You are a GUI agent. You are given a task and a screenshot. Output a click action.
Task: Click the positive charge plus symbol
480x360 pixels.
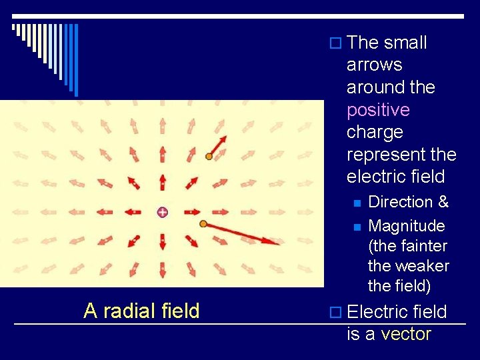point(162,212)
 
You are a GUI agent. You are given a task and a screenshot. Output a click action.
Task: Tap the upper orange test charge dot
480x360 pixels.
point(209,157)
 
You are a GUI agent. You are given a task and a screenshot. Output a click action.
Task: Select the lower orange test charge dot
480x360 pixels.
point(203,224)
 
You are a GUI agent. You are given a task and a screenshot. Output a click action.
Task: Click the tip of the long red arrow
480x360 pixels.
point(278,243)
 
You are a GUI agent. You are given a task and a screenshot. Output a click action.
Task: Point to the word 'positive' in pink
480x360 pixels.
point(378,110)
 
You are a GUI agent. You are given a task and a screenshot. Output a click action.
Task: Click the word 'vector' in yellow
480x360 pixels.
point(406,334)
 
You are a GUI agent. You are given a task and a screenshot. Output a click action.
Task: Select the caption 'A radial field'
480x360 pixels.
point(141,311)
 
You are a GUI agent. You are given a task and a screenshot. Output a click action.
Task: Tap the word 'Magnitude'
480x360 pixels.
point(406,225)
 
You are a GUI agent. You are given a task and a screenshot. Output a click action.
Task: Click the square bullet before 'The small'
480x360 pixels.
point(335,43)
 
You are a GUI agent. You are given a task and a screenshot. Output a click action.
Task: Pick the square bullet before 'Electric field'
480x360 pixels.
point(335,312)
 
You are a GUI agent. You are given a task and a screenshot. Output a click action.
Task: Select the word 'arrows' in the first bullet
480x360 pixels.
point(374,65)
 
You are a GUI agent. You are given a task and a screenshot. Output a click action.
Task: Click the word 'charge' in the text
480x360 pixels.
point(375,132)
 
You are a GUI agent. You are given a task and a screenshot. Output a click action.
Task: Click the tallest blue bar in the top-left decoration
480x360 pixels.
point(76,60)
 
